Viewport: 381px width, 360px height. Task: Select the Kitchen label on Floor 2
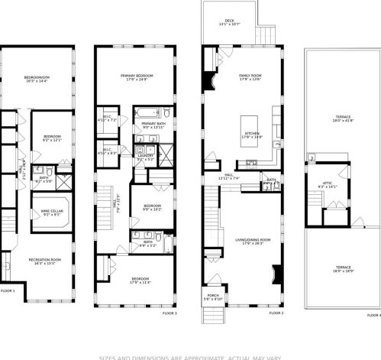pyautogui.click(x=253, y=134)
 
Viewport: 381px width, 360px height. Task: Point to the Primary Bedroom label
pyautogui.click(x=137, y=77)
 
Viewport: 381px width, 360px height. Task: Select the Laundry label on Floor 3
pyautogui.click(x=145, y=157)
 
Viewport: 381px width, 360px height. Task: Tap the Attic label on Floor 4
pyautogui.click(x=327, y=186)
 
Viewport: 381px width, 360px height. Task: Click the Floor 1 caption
pyautogui.click(x=8, y=290)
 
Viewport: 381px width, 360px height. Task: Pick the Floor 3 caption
pyautogui.click(x=170, y=313)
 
